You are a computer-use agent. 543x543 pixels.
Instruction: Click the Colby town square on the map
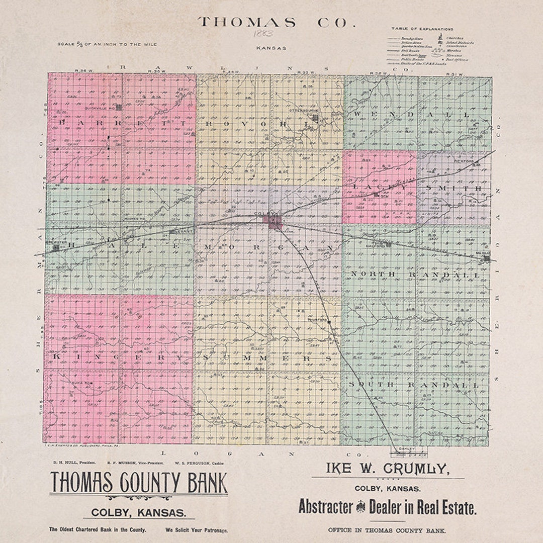[275, 222]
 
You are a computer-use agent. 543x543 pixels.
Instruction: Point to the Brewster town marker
[56, 247]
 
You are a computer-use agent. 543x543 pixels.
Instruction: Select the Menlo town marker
[486, 258]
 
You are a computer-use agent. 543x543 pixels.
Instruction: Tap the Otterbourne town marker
[315, 118]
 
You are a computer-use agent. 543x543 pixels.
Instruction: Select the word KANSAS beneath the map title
[270, 48]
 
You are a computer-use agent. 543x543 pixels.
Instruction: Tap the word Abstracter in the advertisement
[326, 507]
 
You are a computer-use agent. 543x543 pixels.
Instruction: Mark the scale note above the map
[107, 44]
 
